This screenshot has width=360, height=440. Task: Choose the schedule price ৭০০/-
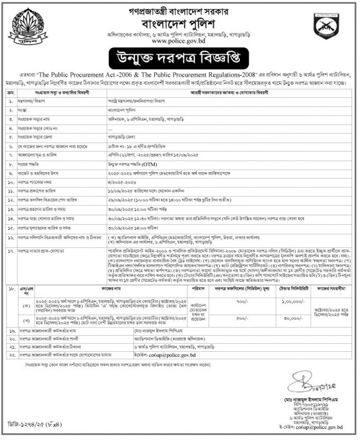pyautogui.click(x=241, y=302)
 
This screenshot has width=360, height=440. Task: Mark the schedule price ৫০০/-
pyautogui.click(x=241, y=318)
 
